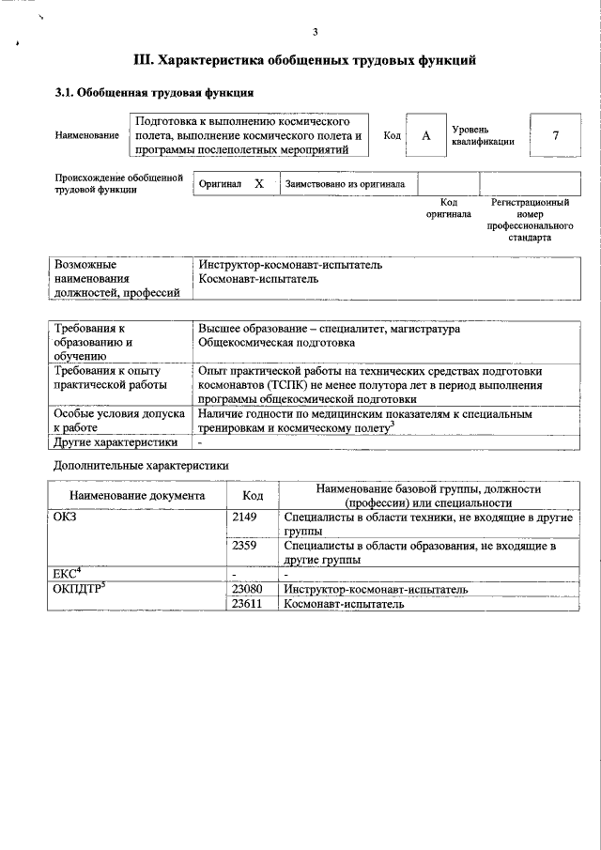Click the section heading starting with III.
[x=305, y=61]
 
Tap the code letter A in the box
[x=425, y=136]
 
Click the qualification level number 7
[x=555, y=136]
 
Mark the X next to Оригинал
[x=259, y=184]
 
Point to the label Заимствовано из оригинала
[x=345, y=184]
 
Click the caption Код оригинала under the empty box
[x=448, y=208]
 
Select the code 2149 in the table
[x=243, y=518]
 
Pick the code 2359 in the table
[x=243, y=545]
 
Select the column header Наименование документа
[x=136, y=496]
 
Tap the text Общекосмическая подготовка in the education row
[x=269, y=344]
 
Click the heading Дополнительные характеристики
[x=141, y=465]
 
